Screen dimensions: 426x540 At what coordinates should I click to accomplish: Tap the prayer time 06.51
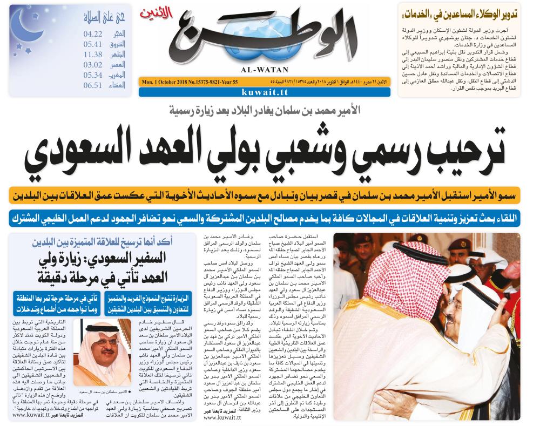pos(92,85)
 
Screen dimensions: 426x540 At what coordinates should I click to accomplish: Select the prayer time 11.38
pos(92,55)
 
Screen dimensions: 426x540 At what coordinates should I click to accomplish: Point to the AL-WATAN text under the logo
pos(269,69)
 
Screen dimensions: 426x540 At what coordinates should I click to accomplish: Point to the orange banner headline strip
pos(264,195)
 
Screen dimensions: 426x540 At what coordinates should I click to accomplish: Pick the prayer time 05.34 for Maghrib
pos(92,75)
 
